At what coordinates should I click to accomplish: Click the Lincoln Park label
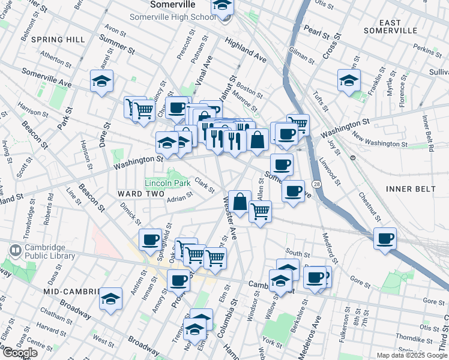coord(167,182)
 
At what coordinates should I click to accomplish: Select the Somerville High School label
coord(173,17)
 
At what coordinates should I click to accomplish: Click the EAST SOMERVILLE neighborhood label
coord(390,26)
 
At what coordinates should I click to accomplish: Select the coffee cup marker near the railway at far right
coord(385,239)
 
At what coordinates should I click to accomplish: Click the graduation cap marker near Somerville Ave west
coord(102,80)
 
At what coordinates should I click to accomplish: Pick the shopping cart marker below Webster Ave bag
coord(260,211)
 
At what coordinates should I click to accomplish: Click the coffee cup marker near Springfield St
coord(151,240)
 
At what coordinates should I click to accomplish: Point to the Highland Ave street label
coord(246,50)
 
